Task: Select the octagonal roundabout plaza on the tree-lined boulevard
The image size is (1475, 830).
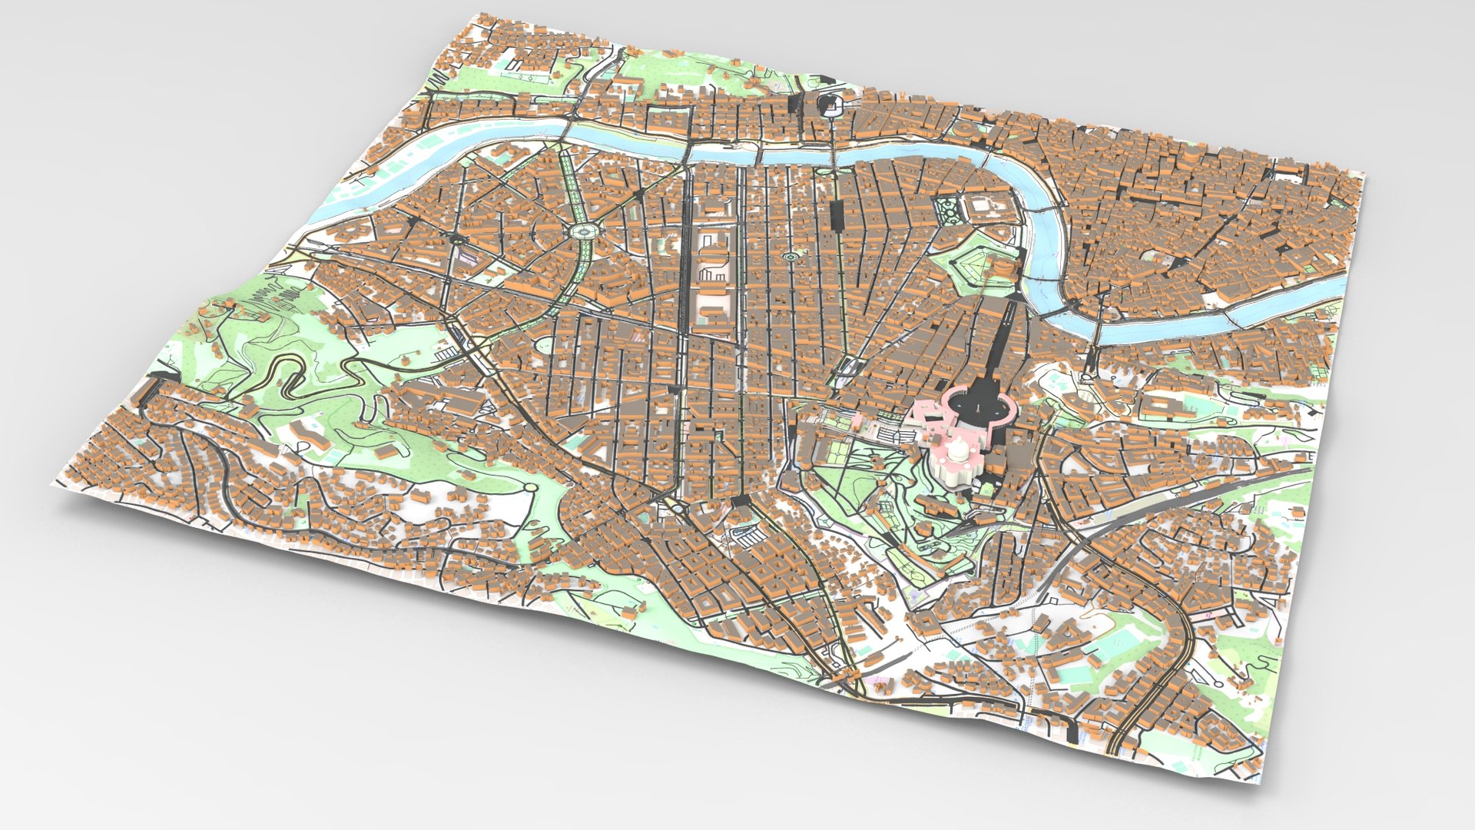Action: tap(584, 231)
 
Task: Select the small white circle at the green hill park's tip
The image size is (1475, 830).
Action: tap(530, 487)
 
